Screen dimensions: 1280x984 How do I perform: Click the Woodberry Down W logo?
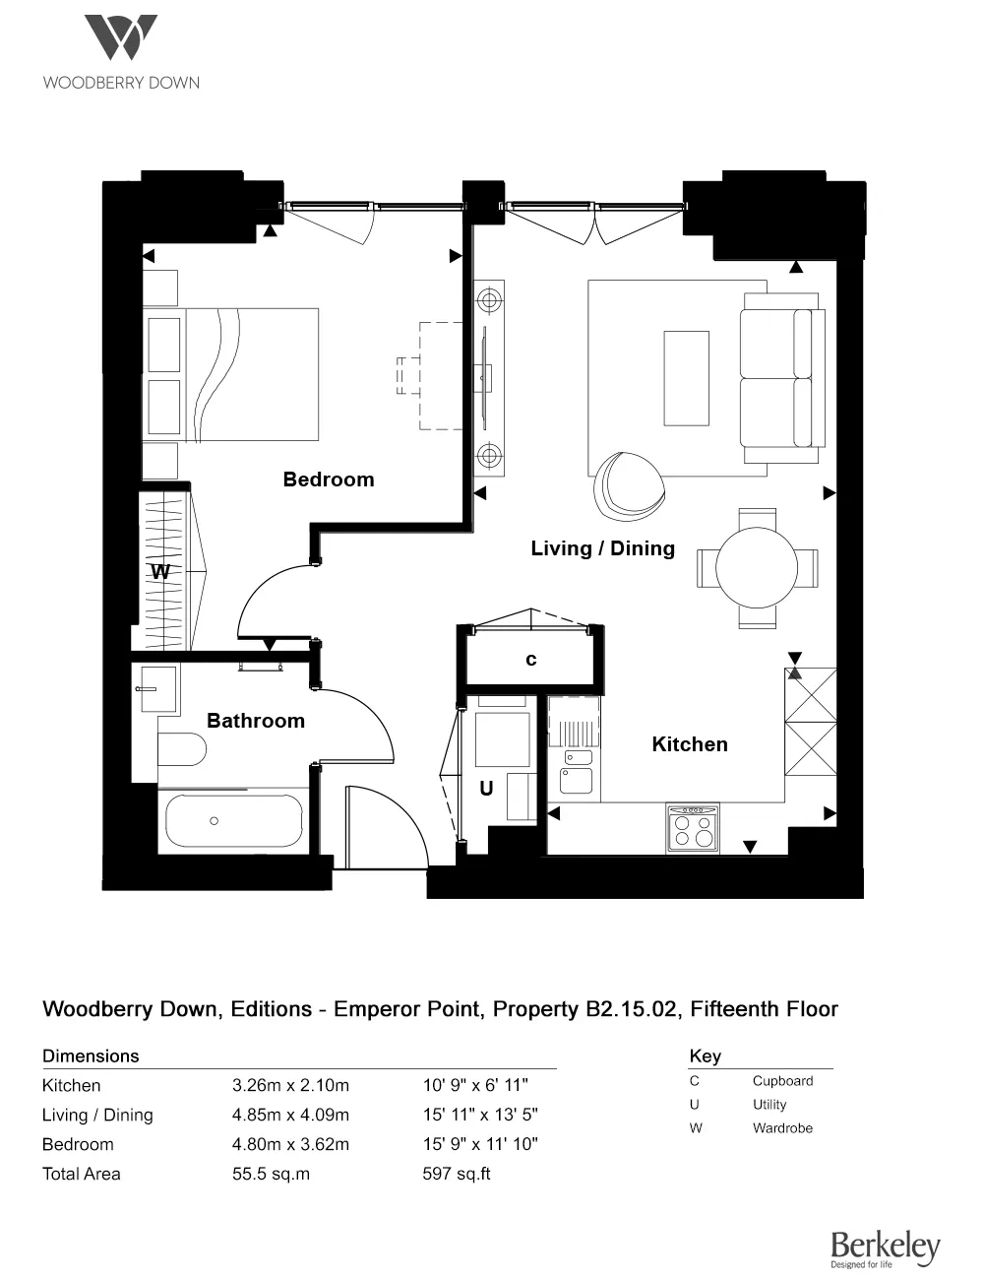(x=120, y=38)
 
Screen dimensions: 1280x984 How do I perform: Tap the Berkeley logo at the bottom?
(x=885, y=1248)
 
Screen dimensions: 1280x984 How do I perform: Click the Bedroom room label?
(x=328, y=480)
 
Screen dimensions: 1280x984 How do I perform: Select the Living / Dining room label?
(x=602, y=548)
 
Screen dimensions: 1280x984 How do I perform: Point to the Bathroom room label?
(x=255, y=721)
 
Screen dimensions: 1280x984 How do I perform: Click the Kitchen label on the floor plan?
(x=689, y=744)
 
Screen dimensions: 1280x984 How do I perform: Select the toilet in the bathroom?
(x=181, y=749)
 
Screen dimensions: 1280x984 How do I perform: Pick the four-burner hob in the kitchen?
(x=692, y=828)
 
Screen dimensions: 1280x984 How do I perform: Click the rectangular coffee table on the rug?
(x=686, y=378)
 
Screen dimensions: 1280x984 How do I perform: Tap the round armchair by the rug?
(x=627, y=485)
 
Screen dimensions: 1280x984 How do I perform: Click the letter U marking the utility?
(x=485, y=789)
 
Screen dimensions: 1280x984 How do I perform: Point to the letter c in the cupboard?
(x=530, y=660)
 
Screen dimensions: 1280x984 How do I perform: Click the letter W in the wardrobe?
(x=160, y=572)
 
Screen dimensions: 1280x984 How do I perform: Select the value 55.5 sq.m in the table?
(x=271, y=1174)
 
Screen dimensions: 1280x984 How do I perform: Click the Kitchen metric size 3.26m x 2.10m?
(x=290, y=1085)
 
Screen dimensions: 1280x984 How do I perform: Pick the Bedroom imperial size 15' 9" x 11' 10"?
(x=480, y=1144)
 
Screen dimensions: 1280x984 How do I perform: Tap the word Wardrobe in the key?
(x=782, y=1128)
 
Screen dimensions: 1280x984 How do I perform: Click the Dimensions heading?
(x=91, y=1056)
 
